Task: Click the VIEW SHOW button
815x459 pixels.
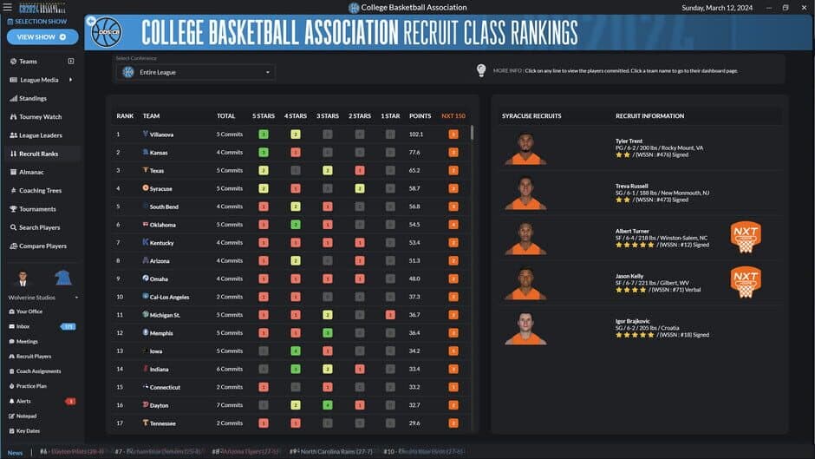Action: (x=42, y=37)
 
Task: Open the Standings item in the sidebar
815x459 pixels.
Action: (x=33, y=98)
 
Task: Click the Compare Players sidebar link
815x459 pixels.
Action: (x=42, y=246)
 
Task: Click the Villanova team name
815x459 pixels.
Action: (x=161, y=134)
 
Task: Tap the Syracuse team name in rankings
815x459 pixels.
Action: (x=160, y=188)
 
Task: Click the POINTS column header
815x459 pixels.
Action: (x=421, y=115)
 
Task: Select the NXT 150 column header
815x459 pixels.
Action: (x=453, y=115)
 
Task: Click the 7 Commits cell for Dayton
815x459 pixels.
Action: (x=230, y=405)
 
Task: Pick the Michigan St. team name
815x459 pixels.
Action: (x=165, y=315)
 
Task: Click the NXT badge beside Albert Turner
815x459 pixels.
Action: (x=746, y=237)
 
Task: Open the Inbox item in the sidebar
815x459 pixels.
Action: (x=23, y=326)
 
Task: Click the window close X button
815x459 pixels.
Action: (x=803, y=7)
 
